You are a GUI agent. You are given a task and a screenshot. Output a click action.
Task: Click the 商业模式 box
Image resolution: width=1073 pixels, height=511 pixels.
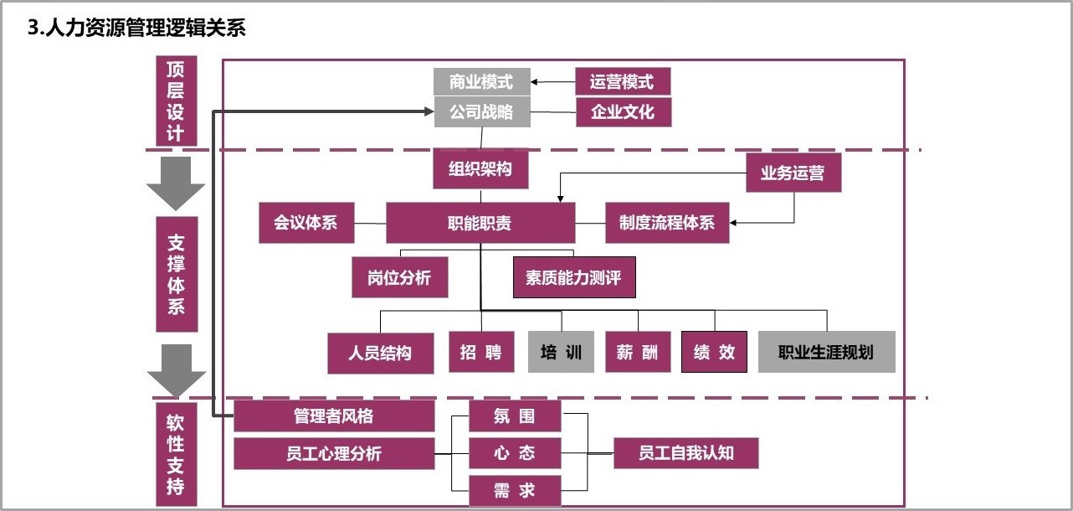coord(481,81)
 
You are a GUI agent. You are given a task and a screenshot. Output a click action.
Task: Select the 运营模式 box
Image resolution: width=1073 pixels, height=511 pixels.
coord(623,81)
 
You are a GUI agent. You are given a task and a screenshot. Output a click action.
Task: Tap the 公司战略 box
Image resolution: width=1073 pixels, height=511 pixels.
coord(481,111)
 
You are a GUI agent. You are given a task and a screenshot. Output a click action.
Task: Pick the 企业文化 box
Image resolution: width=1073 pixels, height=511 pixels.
coord(623,111)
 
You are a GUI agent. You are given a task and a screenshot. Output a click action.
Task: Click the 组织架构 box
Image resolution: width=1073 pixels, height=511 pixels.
coord(480,169)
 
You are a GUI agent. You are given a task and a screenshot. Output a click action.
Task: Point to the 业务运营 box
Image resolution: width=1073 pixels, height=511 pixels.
coord(793,173)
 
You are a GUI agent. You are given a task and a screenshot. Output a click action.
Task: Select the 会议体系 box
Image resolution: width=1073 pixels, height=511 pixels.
coord(306,224)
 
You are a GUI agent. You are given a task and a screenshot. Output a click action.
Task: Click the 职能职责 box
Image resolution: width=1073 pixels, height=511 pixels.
coord(480,224)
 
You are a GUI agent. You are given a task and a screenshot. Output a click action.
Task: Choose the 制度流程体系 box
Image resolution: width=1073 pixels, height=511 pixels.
coord(667,224)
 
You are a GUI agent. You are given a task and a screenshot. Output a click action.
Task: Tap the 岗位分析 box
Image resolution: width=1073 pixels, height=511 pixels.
coord(399,277)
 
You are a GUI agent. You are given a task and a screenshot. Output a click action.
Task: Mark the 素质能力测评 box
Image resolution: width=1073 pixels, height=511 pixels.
coord(574,277)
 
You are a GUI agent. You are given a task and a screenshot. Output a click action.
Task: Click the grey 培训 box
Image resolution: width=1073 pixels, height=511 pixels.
coord(561,352)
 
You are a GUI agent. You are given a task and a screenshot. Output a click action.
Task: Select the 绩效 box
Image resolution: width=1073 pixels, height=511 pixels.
coord(714,352)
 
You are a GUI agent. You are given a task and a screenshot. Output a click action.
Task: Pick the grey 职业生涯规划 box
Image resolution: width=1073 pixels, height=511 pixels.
coord(826,352)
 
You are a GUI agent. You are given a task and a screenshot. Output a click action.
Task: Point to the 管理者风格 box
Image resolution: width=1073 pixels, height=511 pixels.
coord(333,416)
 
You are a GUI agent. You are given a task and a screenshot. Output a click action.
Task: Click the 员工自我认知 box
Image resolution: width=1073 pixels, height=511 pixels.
coord(685,453)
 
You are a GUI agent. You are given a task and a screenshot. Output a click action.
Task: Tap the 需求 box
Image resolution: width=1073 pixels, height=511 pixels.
coord(514,491)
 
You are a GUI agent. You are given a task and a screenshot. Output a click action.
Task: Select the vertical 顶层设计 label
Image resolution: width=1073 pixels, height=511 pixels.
coord(176,101)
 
